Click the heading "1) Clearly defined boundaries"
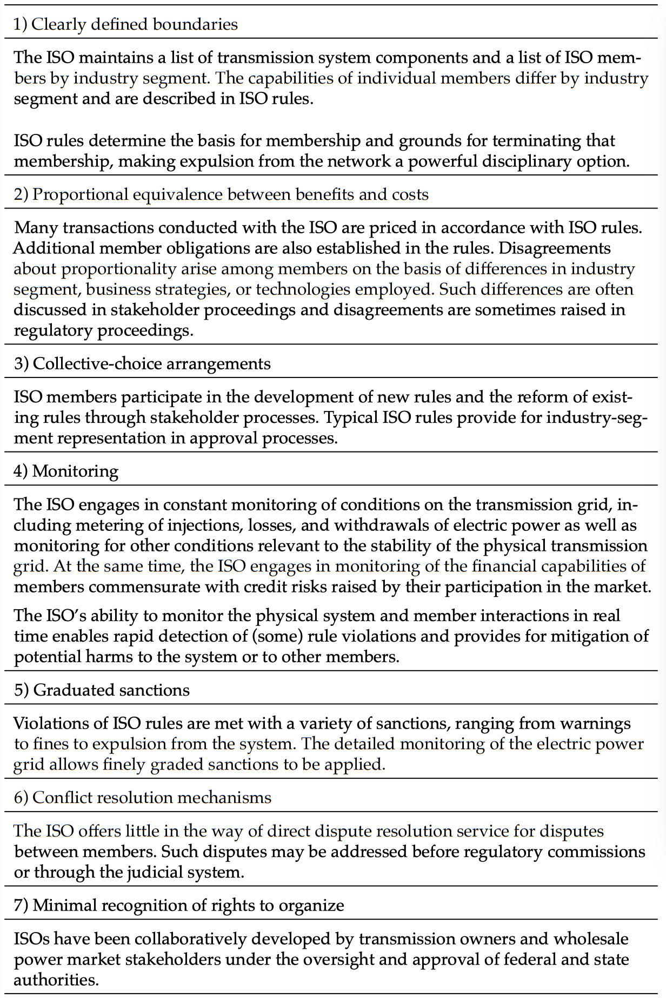click(x=125, y=24)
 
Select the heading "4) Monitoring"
click(x=66, y=471)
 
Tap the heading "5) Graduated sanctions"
click(x=102, y=690)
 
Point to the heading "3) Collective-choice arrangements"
click(x=142, y=363)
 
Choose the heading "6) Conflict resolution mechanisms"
click(x=143, y=797)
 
